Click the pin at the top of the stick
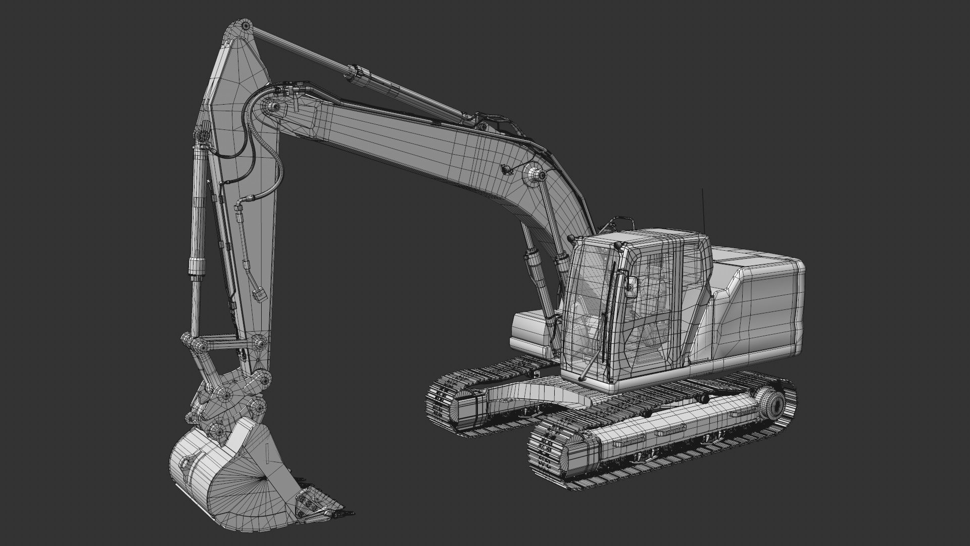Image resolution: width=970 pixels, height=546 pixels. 246,25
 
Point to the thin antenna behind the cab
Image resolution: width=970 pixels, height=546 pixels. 702,210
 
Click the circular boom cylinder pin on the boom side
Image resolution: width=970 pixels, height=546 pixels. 536,175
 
